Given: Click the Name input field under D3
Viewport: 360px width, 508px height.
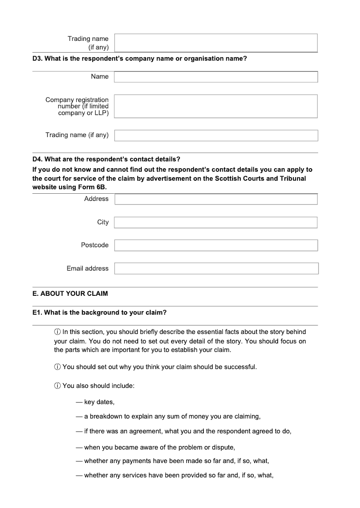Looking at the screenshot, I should point(216,77).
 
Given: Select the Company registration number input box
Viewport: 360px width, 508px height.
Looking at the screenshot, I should point(216,106).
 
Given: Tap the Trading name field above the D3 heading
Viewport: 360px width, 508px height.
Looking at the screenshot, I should point(216,43).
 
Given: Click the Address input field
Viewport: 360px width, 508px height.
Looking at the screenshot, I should point(216,199).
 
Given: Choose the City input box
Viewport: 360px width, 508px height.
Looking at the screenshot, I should point(216,223).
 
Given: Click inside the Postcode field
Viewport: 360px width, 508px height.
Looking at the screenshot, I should point(216,245).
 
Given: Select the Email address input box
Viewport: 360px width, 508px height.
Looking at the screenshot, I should point(216,269).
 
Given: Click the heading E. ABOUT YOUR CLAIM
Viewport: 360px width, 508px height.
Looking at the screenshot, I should point(70,294).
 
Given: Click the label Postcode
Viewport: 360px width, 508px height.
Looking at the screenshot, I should point(94,245).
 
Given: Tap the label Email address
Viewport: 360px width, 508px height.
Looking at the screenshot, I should point(87,268).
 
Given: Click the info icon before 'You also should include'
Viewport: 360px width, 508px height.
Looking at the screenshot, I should point(57,386).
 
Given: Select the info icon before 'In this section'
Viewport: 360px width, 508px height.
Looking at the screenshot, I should point(57,332).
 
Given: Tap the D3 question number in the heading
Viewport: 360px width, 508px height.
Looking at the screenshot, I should point(37,58).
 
